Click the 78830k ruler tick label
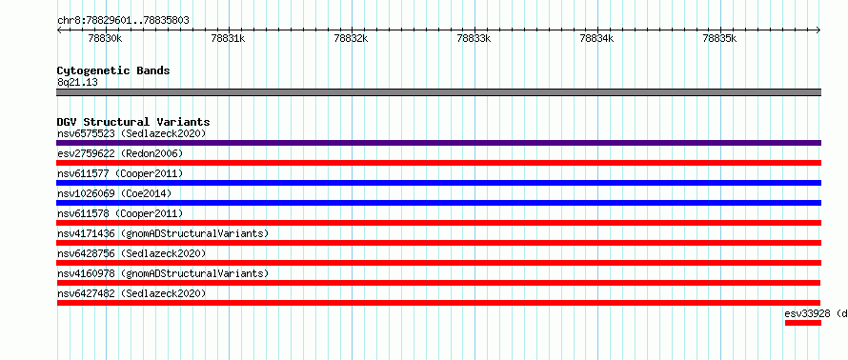pos(106,38)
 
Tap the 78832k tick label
pos(352,38)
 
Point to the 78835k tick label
pos(719,38)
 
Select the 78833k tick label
pos(474,38)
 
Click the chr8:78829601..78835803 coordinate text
pos(123,21)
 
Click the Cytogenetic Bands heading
pos(113,70)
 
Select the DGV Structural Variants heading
pos(133,122)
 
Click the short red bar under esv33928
pos(803,323)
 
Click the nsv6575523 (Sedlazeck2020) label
pos(131,133)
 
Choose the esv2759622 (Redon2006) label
pos(121,153)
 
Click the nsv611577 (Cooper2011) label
pos(121,173)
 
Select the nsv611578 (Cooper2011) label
pos(121,213)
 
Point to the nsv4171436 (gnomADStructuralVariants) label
pos(163,233)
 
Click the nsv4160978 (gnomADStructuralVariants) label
pos(163,273)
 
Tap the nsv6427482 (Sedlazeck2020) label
pos(131,293)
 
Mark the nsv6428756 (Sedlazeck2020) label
pos(131,253)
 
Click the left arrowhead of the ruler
pos(58,30)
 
